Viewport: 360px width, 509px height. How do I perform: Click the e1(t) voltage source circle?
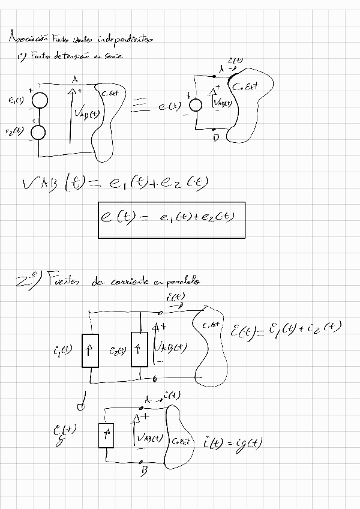(x=38, y=102)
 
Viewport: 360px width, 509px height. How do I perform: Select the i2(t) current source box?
(x=139, y=349)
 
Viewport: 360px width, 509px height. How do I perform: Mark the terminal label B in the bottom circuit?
(x=144, y=472)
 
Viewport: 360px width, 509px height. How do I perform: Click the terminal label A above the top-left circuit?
(x=74, y=79)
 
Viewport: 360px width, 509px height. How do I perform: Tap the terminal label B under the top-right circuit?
(x=215, y=139)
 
